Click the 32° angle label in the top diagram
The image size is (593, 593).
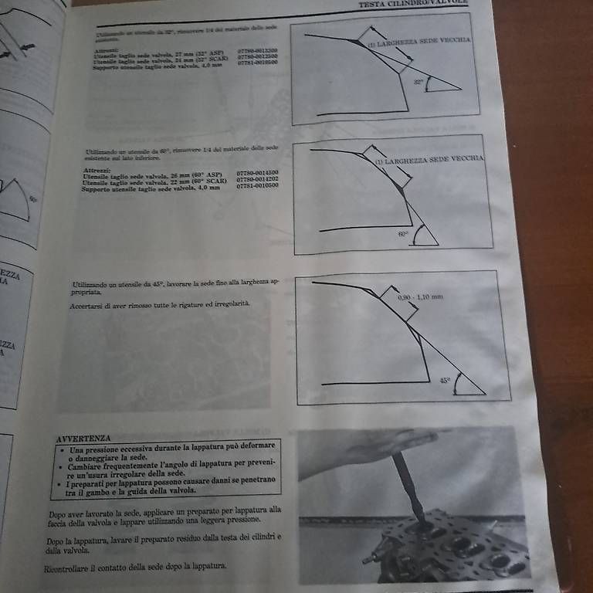[x=418, y=81]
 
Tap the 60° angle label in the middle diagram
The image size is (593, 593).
[x=402, y=232]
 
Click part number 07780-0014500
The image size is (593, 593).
[x=257, y=173]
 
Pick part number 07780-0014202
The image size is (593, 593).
[x=257, y=180]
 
